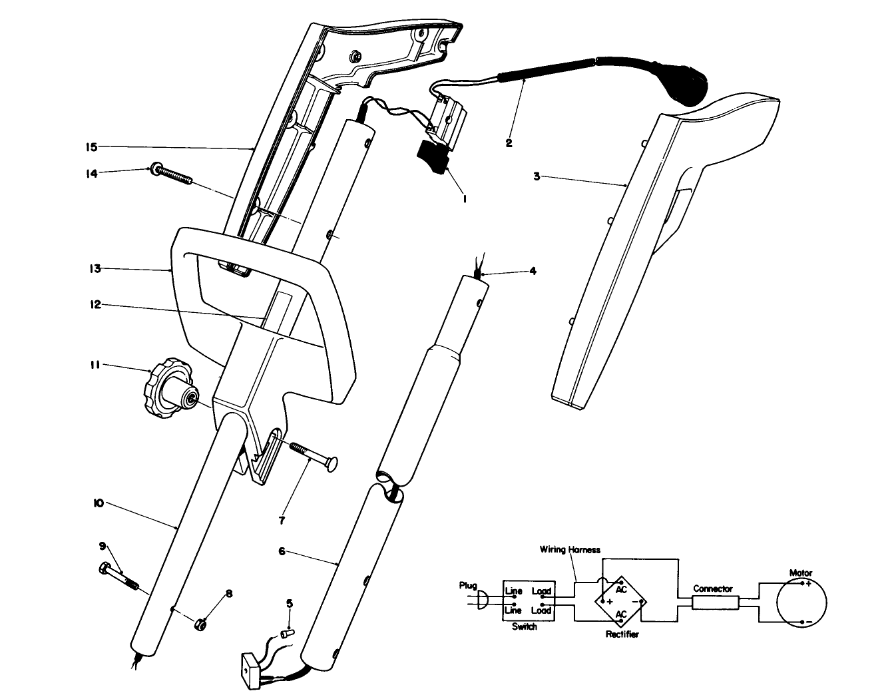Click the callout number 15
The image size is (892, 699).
click(91, 146)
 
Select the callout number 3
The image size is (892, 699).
click(537, 176)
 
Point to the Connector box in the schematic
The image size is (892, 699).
click(714, 603)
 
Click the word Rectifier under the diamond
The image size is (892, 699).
click(622, 634)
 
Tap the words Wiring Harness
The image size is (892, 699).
click(570, 550)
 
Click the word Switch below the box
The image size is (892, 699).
click(524, 627)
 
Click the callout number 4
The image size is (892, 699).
click(533, 271)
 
